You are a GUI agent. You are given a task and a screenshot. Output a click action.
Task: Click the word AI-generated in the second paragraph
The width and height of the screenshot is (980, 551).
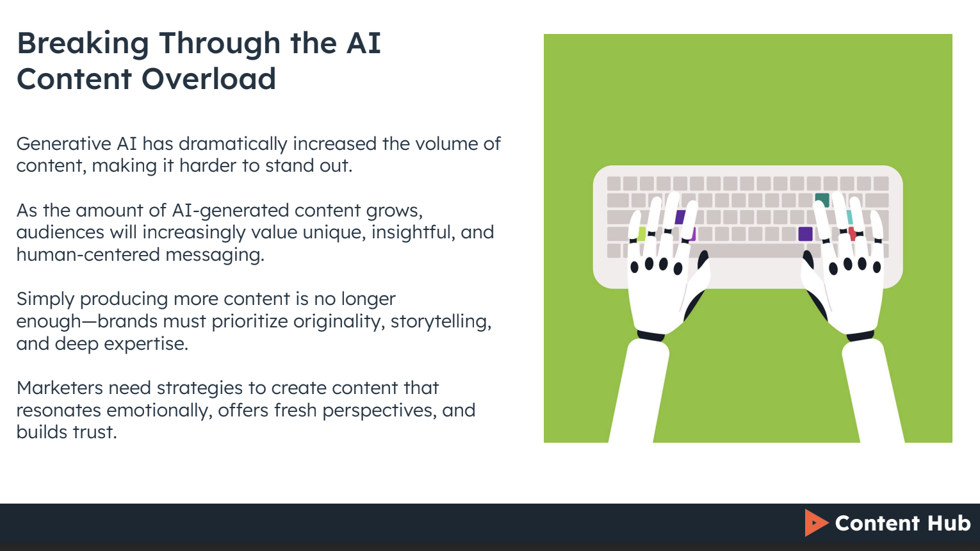point(231,210)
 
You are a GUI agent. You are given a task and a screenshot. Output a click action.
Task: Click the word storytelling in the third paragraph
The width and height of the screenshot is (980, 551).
point(441,321)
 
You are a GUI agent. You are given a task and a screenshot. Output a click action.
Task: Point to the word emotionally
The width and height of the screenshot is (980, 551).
point(159,410)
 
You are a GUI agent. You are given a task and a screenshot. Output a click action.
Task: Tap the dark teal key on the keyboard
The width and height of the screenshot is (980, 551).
point(822,200)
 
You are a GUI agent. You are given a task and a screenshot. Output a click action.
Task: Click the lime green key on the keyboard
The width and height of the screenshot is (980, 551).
point(641,234)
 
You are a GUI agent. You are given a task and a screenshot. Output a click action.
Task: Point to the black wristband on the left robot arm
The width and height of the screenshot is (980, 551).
point(651,336)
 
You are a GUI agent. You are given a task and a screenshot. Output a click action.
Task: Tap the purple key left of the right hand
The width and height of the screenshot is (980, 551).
point(805,234)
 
